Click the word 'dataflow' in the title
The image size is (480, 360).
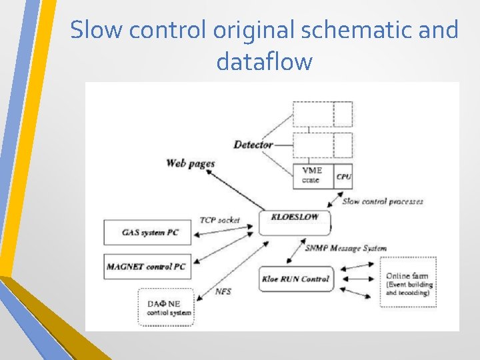264,62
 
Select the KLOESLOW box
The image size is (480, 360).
294,220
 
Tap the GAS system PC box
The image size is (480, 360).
147,232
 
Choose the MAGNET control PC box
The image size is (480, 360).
147,267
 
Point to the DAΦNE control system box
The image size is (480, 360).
165,307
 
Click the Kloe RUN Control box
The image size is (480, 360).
296,279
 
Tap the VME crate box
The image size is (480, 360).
313,176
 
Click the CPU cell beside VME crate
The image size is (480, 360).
343,176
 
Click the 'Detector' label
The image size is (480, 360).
253,145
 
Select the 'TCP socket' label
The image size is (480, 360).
219,220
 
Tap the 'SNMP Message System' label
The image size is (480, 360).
345,249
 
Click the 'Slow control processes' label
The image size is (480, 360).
382,201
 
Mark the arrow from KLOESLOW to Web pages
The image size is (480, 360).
233,189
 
